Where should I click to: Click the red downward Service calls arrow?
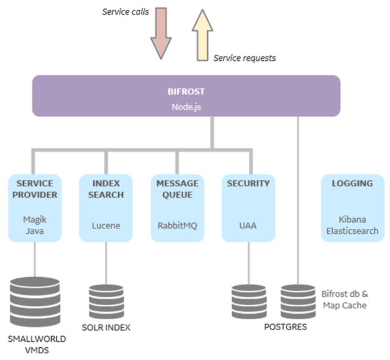(160, 33)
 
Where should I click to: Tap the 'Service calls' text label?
(124, 12)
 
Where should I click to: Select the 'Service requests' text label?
(244, 58)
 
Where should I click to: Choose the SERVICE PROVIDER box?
(35, 207)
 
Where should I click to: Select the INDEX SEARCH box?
(105, 207)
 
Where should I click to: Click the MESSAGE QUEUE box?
(177, 207)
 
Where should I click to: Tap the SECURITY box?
(248, 207)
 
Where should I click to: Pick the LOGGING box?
(352, 207)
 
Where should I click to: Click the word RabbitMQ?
(177, 225)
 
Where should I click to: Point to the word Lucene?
(105, 225)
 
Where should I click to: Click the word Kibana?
(352, 219)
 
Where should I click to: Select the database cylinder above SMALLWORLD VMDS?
(35, 302)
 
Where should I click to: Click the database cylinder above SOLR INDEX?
(105, 300)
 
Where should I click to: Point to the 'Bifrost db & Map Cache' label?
(344, 299)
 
